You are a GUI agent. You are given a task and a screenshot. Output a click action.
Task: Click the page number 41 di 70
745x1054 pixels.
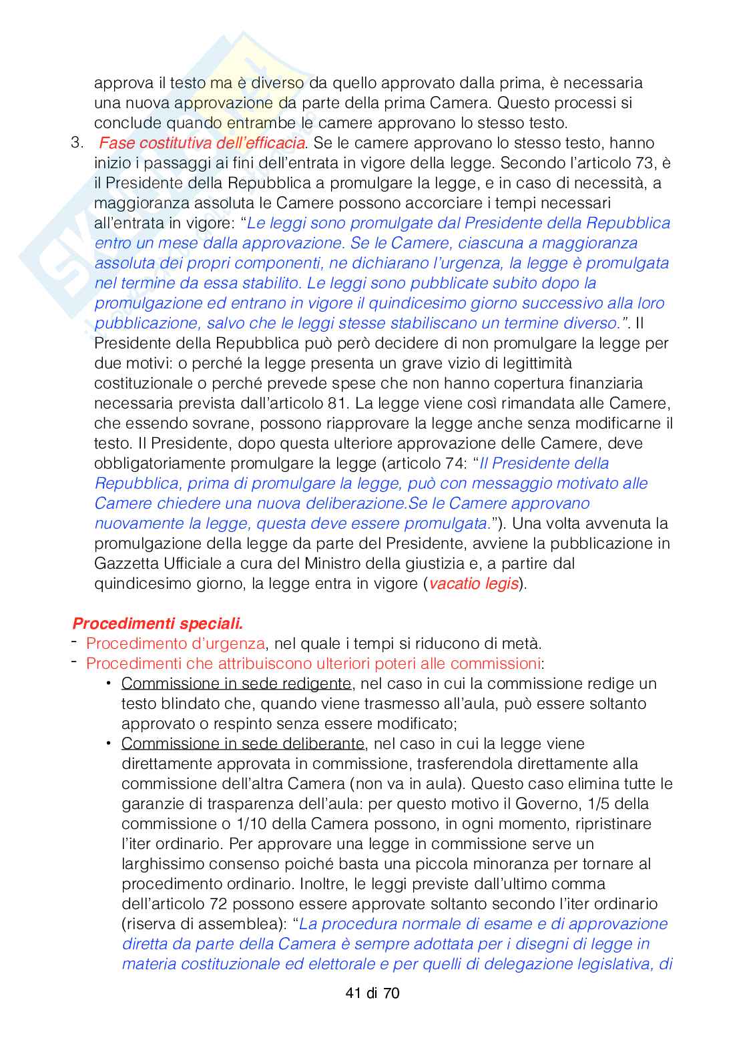[x=372, y=993]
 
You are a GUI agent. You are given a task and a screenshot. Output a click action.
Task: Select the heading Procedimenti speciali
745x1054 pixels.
[x=158, y=623]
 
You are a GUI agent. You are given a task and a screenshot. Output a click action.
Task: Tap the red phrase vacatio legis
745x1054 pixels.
[x=473, y=583]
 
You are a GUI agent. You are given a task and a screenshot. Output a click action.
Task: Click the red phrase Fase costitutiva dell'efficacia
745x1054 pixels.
[x=202, y=143]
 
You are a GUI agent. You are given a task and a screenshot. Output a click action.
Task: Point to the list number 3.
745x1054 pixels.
[x=77, y=143]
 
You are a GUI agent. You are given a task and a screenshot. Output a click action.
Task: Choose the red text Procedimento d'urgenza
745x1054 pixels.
[x=176, y=643]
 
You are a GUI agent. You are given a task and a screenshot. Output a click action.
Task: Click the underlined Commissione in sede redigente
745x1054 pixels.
[x=236, y=684]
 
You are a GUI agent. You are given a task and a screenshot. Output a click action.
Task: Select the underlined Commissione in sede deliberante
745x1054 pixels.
[x=243, y=744]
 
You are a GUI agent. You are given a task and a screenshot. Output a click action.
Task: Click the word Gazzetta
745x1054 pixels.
[x=126, y=563]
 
